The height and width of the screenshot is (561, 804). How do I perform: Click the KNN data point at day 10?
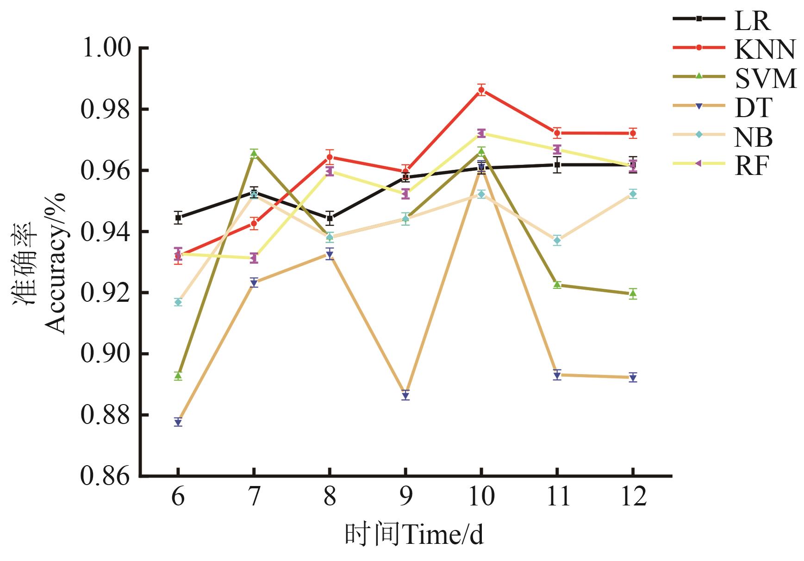pos(481,90)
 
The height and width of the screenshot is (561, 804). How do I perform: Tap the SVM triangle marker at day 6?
pos(178,375)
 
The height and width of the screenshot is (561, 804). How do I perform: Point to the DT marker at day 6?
pos(178,422)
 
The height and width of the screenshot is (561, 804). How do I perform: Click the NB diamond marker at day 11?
pos(557,240)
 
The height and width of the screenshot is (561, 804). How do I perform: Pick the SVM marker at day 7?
pos(254,153)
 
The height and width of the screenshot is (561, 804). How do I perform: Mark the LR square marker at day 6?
pos(178,217)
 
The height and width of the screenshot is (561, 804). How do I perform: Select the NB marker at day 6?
pos(178,302)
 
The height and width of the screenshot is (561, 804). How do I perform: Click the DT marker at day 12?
pos(633,378)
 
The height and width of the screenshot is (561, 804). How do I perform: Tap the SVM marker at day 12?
pos(633,293)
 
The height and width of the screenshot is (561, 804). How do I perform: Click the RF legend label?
pos(751,166)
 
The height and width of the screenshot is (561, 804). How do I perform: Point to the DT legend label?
pos(753,108)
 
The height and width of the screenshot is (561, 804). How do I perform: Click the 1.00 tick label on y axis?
pos(106,48)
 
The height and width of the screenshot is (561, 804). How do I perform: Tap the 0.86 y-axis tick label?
pos(106,476)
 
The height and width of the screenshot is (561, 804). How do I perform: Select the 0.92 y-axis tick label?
pos(106,293)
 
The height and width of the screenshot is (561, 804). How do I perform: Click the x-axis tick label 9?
pos(405,497)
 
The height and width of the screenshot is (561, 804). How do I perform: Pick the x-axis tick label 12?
pos(633,497)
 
